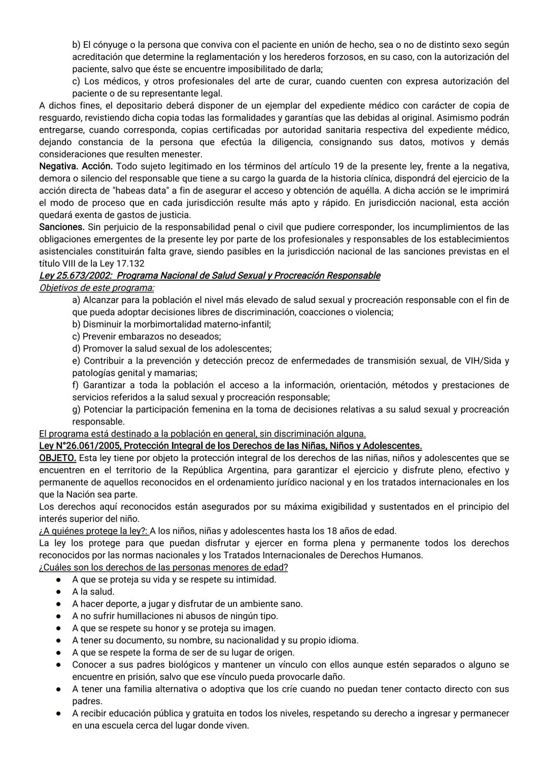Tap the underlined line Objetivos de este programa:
[x=97, y=288]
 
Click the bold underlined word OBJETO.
[x=57, y=459]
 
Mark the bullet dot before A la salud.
[x=59, y=592]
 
